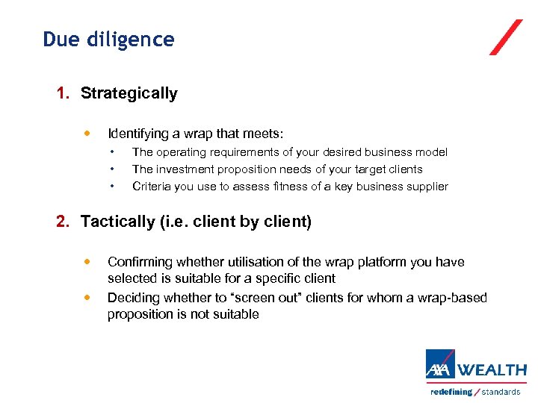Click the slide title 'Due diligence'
[x=108, y=40]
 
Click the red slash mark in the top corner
[x=506, y=37]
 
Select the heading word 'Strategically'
[x=129, y=93]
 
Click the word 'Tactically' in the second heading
[x=117, y=222]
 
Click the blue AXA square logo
[x=440, y=366]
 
